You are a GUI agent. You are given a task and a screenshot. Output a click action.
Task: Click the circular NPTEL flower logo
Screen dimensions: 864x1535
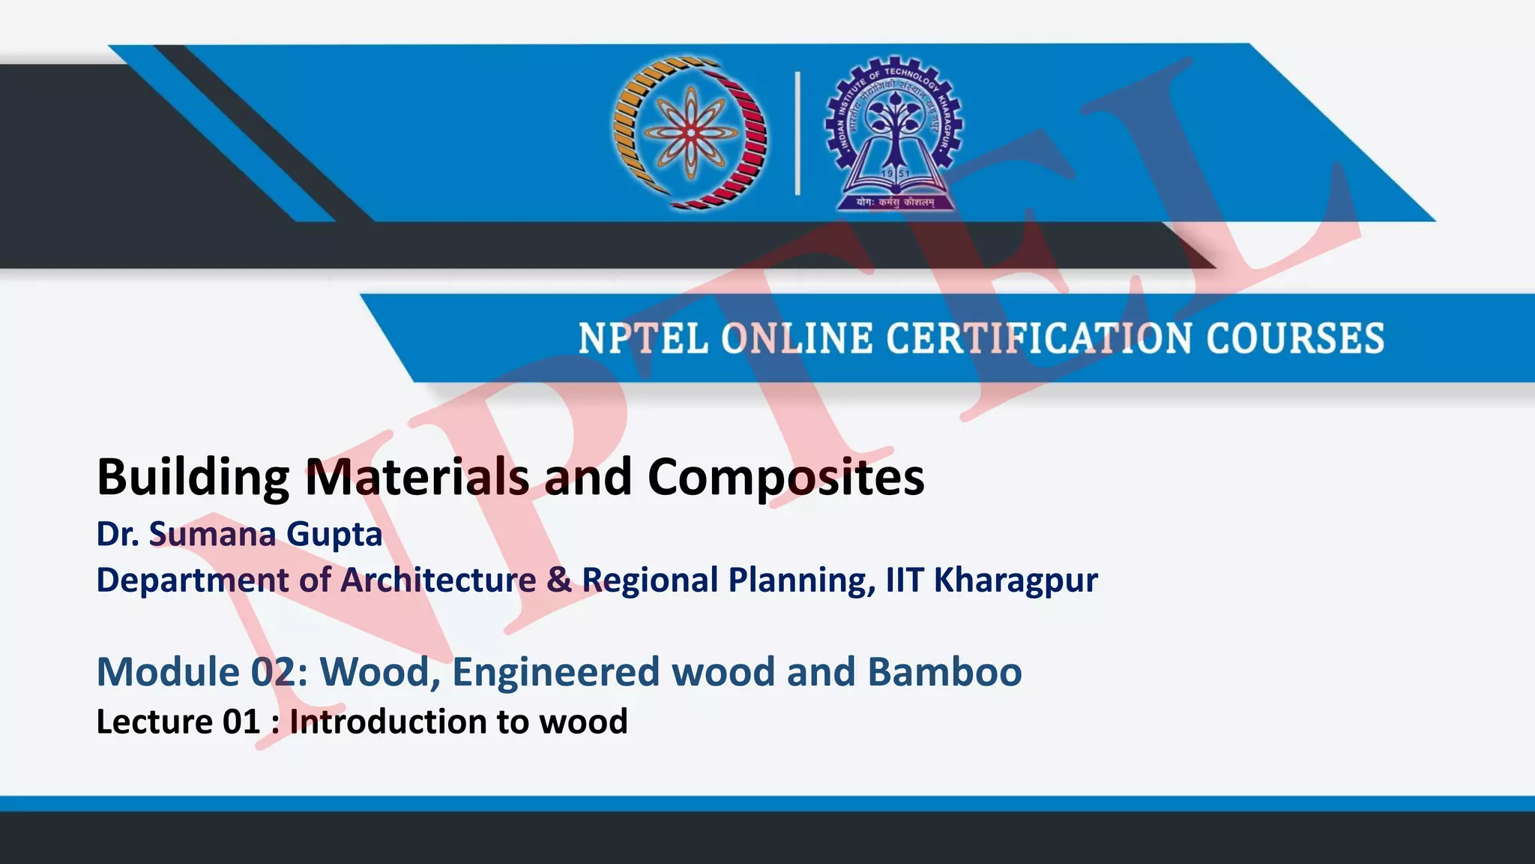(690, 132)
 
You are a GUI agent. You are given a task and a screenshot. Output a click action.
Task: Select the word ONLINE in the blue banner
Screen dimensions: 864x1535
(797, 338)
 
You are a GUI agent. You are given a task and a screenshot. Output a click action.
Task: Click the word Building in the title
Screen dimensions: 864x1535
(193, 478)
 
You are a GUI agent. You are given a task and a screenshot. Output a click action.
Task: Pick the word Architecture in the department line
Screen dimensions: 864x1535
(438, 580)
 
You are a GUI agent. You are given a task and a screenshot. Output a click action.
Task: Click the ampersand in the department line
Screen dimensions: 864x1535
(559, 580)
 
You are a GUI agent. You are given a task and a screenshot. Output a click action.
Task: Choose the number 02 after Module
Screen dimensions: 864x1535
(274, 671)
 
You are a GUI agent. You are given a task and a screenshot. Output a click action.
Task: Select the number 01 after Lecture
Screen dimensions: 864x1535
(241, 721)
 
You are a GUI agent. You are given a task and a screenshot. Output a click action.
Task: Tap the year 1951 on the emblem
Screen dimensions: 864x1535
(895, 174)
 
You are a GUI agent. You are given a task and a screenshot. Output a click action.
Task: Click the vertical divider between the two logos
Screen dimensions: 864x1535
(797, 133)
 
